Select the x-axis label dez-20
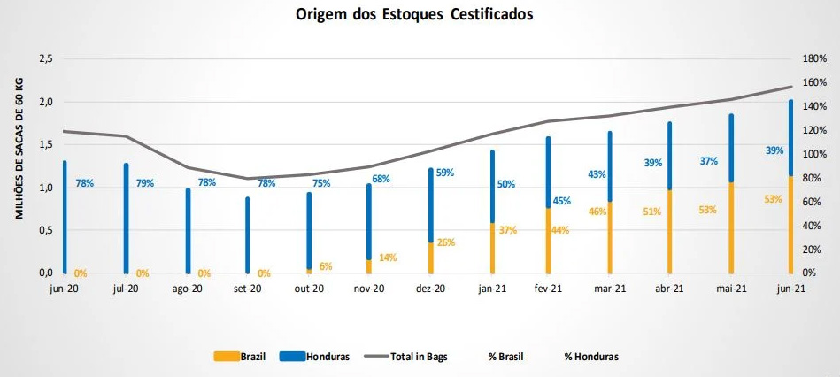(429, 289)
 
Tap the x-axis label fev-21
(549, 289)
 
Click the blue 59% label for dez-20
(444, 173)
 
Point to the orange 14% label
(388, 258)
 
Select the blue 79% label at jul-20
(144, 183)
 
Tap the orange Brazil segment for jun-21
(790, 225)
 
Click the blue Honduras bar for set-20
(247, 235)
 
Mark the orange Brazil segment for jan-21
(491, 248)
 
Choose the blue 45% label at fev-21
(561, 201)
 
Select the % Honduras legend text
(591, 357)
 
